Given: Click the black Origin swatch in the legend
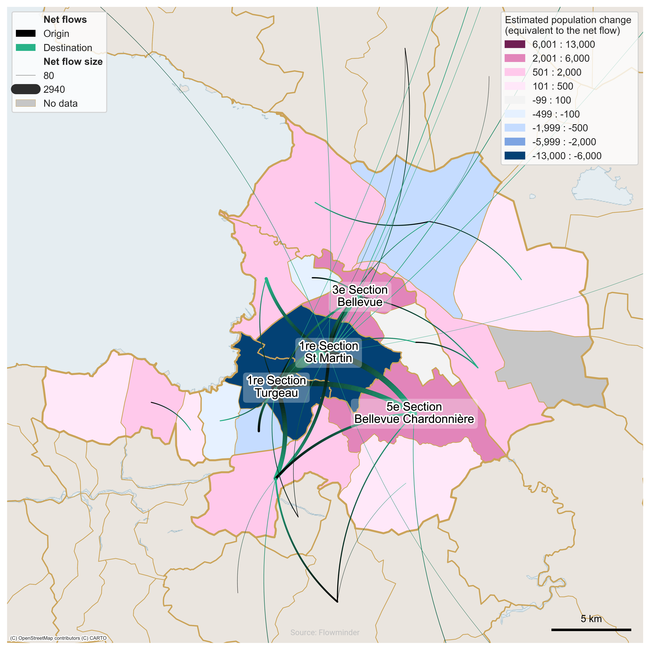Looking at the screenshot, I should [26, 33].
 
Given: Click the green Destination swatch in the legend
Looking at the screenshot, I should [26, 47].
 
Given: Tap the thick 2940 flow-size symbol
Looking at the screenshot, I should [26, 89].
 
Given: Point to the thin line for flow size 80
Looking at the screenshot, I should [26, 75].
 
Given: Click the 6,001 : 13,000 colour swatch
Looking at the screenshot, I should [515, 44].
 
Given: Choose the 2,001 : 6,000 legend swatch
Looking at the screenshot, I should [515, 58].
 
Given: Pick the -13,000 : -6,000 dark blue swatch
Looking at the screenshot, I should [515, 156].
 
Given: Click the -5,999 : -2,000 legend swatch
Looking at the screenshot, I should [515, 142].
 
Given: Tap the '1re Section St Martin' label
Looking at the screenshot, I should [328, 352].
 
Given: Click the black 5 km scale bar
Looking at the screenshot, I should [591, 630].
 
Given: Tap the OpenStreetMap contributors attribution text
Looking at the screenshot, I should [58, 638].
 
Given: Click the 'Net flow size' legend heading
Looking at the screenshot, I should [73, 61].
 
